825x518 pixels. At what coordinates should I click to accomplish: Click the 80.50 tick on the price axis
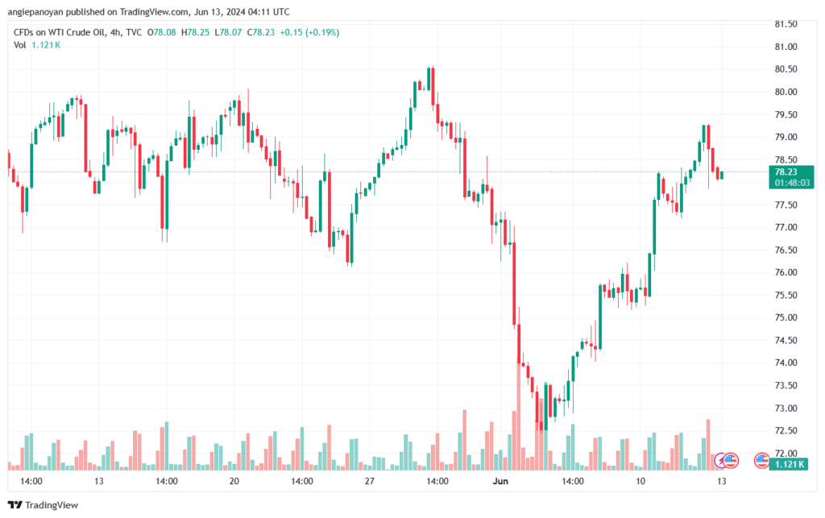[x=786, y=69]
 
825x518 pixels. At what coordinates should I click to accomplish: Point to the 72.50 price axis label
[x=786, y=430]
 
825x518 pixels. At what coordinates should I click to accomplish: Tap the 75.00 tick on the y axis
[x=786, y=317]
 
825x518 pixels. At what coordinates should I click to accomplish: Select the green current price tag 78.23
[x=786, y=172]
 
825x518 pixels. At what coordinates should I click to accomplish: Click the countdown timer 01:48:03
[x=792, y=183]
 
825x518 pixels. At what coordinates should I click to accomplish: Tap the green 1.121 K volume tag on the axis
[x=789, y=464]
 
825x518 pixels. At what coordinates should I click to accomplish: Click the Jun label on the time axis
[x=500, y=481]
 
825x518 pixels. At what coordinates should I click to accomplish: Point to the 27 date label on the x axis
[x=370, y=481]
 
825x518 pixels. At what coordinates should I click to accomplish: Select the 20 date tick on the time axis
[x=234, y=481]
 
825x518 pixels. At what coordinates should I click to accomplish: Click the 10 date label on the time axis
[x=641, y=481]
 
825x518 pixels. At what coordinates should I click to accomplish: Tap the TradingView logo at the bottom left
[x=44, y=505]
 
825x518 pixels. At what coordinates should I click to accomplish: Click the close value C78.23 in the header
[x=261, y=32]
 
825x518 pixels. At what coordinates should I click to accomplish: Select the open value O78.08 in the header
[x=161, y=32]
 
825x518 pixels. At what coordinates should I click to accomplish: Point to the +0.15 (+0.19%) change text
[x=309, y=32]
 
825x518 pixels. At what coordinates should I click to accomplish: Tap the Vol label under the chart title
[x=19, y=45]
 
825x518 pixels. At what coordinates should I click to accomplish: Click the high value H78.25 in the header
[x=195, y=32]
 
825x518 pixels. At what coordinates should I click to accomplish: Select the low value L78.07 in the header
[x=228, y=32]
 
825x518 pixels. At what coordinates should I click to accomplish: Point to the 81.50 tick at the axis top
[x=786, y=23]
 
